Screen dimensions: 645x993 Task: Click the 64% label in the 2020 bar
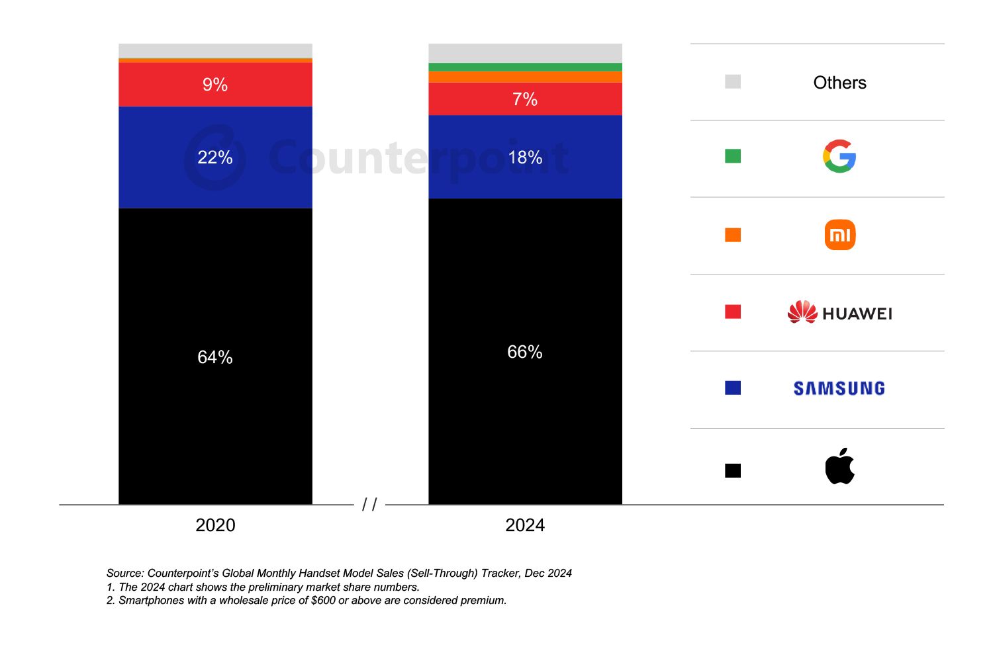(x=215, y=357)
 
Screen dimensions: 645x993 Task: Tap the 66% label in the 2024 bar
(x=525, y=352)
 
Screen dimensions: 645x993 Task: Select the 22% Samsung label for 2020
(x=215, y=157)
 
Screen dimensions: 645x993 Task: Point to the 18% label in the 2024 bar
(x=525, y=157)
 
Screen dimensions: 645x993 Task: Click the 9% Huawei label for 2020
(x=215, y=85)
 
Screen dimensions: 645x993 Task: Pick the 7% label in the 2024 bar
(x=525, y=99)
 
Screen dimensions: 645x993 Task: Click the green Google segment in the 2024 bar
(x=525, y=67)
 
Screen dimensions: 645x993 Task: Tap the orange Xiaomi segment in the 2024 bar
(x=525, y=77)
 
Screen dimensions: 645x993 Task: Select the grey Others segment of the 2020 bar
(x=215, y=51)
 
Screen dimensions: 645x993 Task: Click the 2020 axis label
(x=215, y=525)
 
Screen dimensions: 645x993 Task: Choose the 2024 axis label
(x=525, y=525)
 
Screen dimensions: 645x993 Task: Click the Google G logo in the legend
(x=839, y=156)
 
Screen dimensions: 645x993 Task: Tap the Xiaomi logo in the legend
(x=839, y=235)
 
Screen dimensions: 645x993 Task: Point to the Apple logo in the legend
(x=839, y=466)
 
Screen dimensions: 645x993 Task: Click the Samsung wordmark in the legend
(x=839, y=388)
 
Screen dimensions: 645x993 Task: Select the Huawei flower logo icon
(x=802, y=312)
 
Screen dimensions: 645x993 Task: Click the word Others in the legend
(x=839, y=83)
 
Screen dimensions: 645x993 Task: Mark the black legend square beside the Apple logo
(x=733, y=470)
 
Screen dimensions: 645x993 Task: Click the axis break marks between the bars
(x=369, y=505)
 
